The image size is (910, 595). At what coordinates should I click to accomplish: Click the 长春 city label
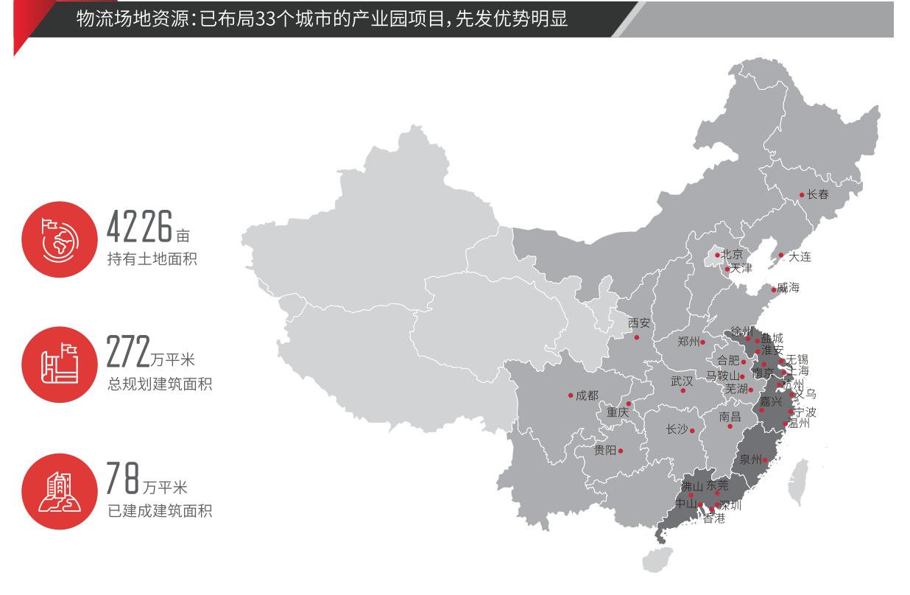(x=817, y=195)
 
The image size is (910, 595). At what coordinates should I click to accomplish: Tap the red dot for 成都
(x=571, y=395)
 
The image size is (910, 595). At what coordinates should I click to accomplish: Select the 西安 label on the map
(x=639, y=323)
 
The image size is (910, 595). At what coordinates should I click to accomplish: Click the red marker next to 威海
(x=774, y=289)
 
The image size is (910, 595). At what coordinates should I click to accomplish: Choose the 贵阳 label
(x=604, y=451)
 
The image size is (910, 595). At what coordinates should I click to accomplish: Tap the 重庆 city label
(x=618, y=413)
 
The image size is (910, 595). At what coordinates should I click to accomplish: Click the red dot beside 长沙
(x=692, y=431)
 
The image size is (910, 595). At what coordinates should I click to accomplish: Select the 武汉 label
(x=682, y=381)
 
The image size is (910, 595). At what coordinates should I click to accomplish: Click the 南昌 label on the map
(x=730, y=417)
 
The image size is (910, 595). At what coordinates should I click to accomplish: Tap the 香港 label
(x=713, y=519)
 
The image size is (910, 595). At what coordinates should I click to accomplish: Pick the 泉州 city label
(x=750, y=460)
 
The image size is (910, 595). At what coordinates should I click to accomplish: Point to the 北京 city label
(x=732, y=255)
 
